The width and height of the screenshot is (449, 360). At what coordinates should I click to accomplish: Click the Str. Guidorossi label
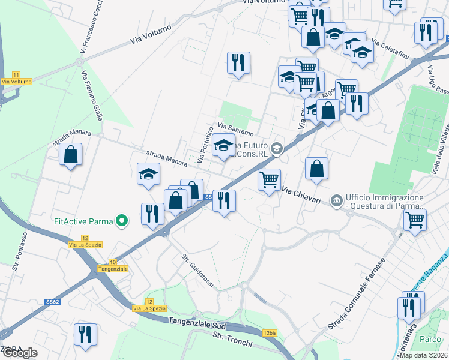[x=197, y=271]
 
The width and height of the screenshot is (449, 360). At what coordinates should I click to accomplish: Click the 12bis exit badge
[x=270, y=332]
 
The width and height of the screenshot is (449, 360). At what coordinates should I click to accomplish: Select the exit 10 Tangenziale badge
[x=113, y=262]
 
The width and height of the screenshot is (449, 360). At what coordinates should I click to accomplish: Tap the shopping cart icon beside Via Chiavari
[x=269, y=179]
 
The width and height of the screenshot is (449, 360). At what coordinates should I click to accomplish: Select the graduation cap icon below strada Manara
[x=148, y=175]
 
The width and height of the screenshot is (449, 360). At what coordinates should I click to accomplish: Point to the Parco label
[x=430, y=339]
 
